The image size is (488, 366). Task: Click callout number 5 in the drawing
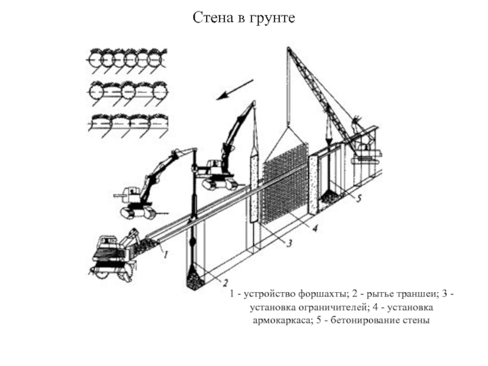(359, 198)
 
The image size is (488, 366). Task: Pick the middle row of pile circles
(126, 91)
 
